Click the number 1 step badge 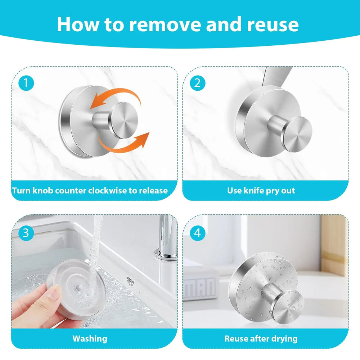26,84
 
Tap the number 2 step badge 197,84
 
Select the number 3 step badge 26,233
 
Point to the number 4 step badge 197,233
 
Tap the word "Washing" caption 90,338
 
